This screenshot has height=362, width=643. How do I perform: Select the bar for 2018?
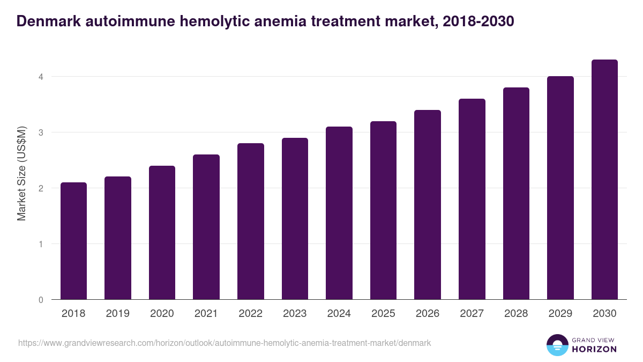point(73,241)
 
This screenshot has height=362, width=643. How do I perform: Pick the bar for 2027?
point(472,199)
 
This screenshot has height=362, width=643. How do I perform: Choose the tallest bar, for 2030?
point(604,180)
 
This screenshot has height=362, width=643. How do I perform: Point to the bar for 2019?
point(118,238)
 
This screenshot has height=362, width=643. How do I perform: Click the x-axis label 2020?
point(162,314)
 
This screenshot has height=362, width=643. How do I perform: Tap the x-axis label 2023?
point(295,314)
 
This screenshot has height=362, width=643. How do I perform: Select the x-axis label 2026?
point(428,314)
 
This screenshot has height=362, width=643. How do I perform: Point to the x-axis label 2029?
point(560,314)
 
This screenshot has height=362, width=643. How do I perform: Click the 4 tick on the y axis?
point(40,77)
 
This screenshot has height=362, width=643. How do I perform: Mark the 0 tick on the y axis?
point(40,300)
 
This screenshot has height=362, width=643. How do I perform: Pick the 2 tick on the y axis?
point(40,188)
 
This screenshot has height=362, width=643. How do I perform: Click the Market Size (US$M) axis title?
point(21,174)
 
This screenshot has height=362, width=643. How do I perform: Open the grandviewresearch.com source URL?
point(225,343)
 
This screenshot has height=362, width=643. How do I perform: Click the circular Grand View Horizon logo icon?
point(557,345)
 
